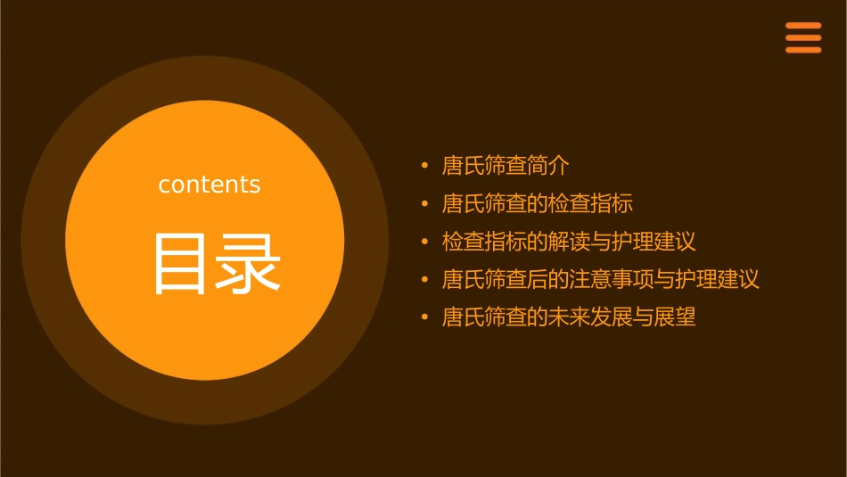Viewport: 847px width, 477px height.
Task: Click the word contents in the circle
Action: tap(210, 185)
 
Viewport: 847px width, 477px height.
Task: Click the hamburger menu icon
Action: tap(803, 37)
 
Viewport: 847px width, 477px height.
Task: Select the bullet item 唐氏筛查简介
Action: tap(506, 166)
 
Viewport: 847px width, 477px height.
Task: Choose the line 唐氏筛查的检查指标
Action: tap(538, 203)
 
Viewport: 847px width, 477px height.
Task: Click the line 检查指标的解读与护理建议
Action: tap(569, 242)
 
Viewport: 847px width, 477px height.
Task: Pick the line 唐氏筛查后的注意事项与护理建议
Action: tap(601, 279)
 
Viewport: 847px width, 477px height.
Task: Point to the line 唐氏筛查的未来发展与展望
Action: tap(569, 317)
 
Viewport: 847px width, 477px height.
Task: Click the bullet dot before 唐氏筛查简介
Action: tap(425, 167)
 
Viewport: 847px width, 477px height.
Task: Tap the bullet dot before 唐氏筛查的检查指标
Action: tap(425, 204)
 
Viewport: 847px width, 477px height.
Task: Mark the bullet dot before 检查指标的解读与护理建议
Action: tap(425, 243)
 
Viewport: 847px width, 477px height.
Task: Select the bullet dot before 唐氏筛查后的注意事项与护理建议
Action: tap(425, 280)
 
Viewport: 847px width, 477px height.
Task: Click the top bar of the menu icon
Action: tap(803, 26)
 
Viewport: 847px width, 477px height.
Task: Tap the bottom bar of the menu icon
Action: tap(803, 50)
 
